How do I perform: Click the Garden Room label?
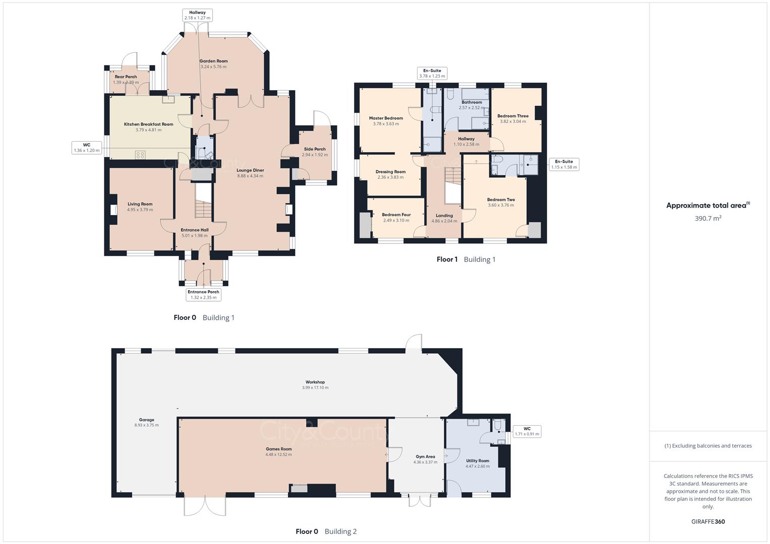click(x=213, y=61)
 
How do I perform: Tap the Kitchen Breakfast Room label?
click(x=148, y=124)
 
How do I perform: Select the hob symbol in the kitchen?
click(x=141, y=155)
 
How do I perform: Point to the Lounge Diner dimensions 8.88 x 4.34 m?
click(x=250, y=176)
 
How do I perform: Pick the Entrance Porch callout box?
click(x=203, y=295)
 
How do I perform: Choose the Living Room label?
click(x=140, y=204)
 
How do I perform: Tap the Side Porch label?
click(x=315, y=149)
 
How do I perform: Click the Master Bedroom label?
click(x=386, y=118)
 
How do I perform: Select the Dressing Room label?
click(x=390, y=172)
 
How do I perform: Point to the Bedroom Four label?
click(x=396, y=215)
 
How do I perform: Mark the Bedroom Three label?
click(x=513, y=116)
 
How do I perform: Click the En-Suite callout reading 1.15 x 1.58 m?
click(x=564, y=164)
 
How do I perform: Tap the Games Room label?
click(x=278, y=449)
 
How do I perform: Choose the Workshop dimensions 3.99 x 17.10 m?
click(x=315, y=388)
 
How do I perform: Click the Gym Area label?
click(x=425, y=457)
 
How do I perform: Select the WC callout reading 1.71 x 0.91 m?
click(x=526, y=431)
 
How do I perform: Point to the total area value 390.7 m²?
click(x=708, y=219)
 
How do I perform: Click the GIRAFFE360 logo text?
click(x=708, y=522)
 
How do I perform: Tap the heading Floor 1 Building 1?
click(x=466, y=259)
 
